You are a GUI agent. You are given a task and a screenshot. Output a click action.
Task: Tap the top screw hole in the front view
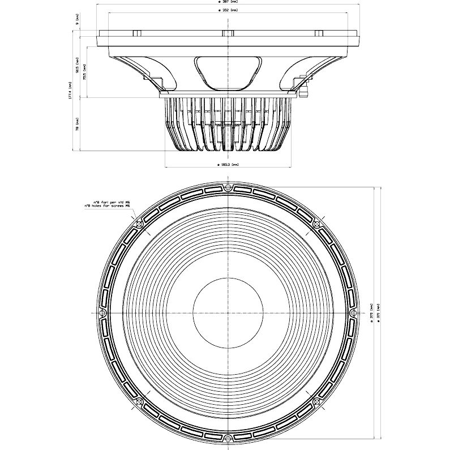(x=228, y=187)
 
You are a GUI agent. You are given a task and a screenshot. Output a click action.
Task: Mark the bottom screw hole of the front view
(x=228, y=438)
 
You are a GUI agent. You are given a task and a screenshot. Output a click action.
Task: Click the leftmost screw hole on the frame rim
(x=103, y=313)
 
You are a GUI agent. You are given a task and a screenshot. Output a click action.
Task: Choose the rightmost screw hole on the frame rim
(x=353, y=313)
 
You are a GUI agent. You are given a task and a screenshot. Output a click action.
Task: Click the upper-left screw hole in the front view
(x=139, y=225)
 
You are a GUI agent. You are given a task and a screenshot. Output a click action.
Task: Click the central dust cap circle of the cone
(x=228, y=313)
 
